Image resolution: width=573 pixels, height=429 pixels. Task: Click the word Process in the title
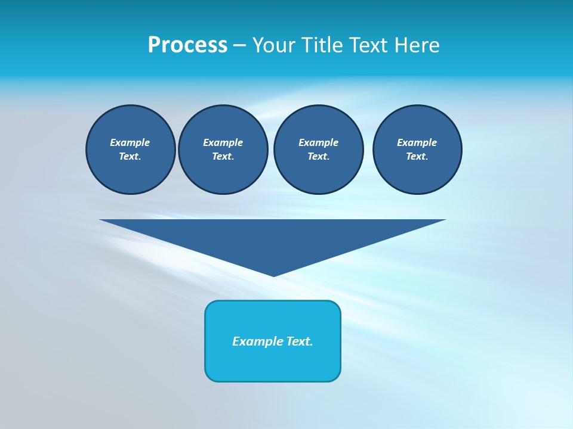[x=187, y=45]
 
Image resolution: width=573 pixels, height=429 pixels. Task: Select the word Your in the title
[x=274, y=45]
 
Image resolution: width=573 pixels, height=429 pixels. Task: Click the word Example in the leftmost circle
[x=130, y=142]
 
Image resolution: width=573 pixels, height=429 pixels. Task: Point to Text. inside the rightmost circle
[x=417, y=156]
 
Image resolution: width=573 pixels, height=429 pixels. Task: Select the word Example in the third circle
[x=319, y=142]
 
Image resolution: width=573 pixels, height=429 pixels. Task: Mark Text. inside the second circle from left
[x=223, y=156]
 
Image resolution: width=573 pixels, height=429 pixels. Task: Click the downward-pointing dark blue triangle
[x=273, y=238]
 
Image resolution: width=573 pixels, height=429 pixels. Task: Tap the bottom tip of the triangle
[x=273, y=274]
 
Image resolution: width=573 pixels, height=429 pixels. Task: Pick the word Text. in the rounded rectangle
[x=300, y=341]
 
